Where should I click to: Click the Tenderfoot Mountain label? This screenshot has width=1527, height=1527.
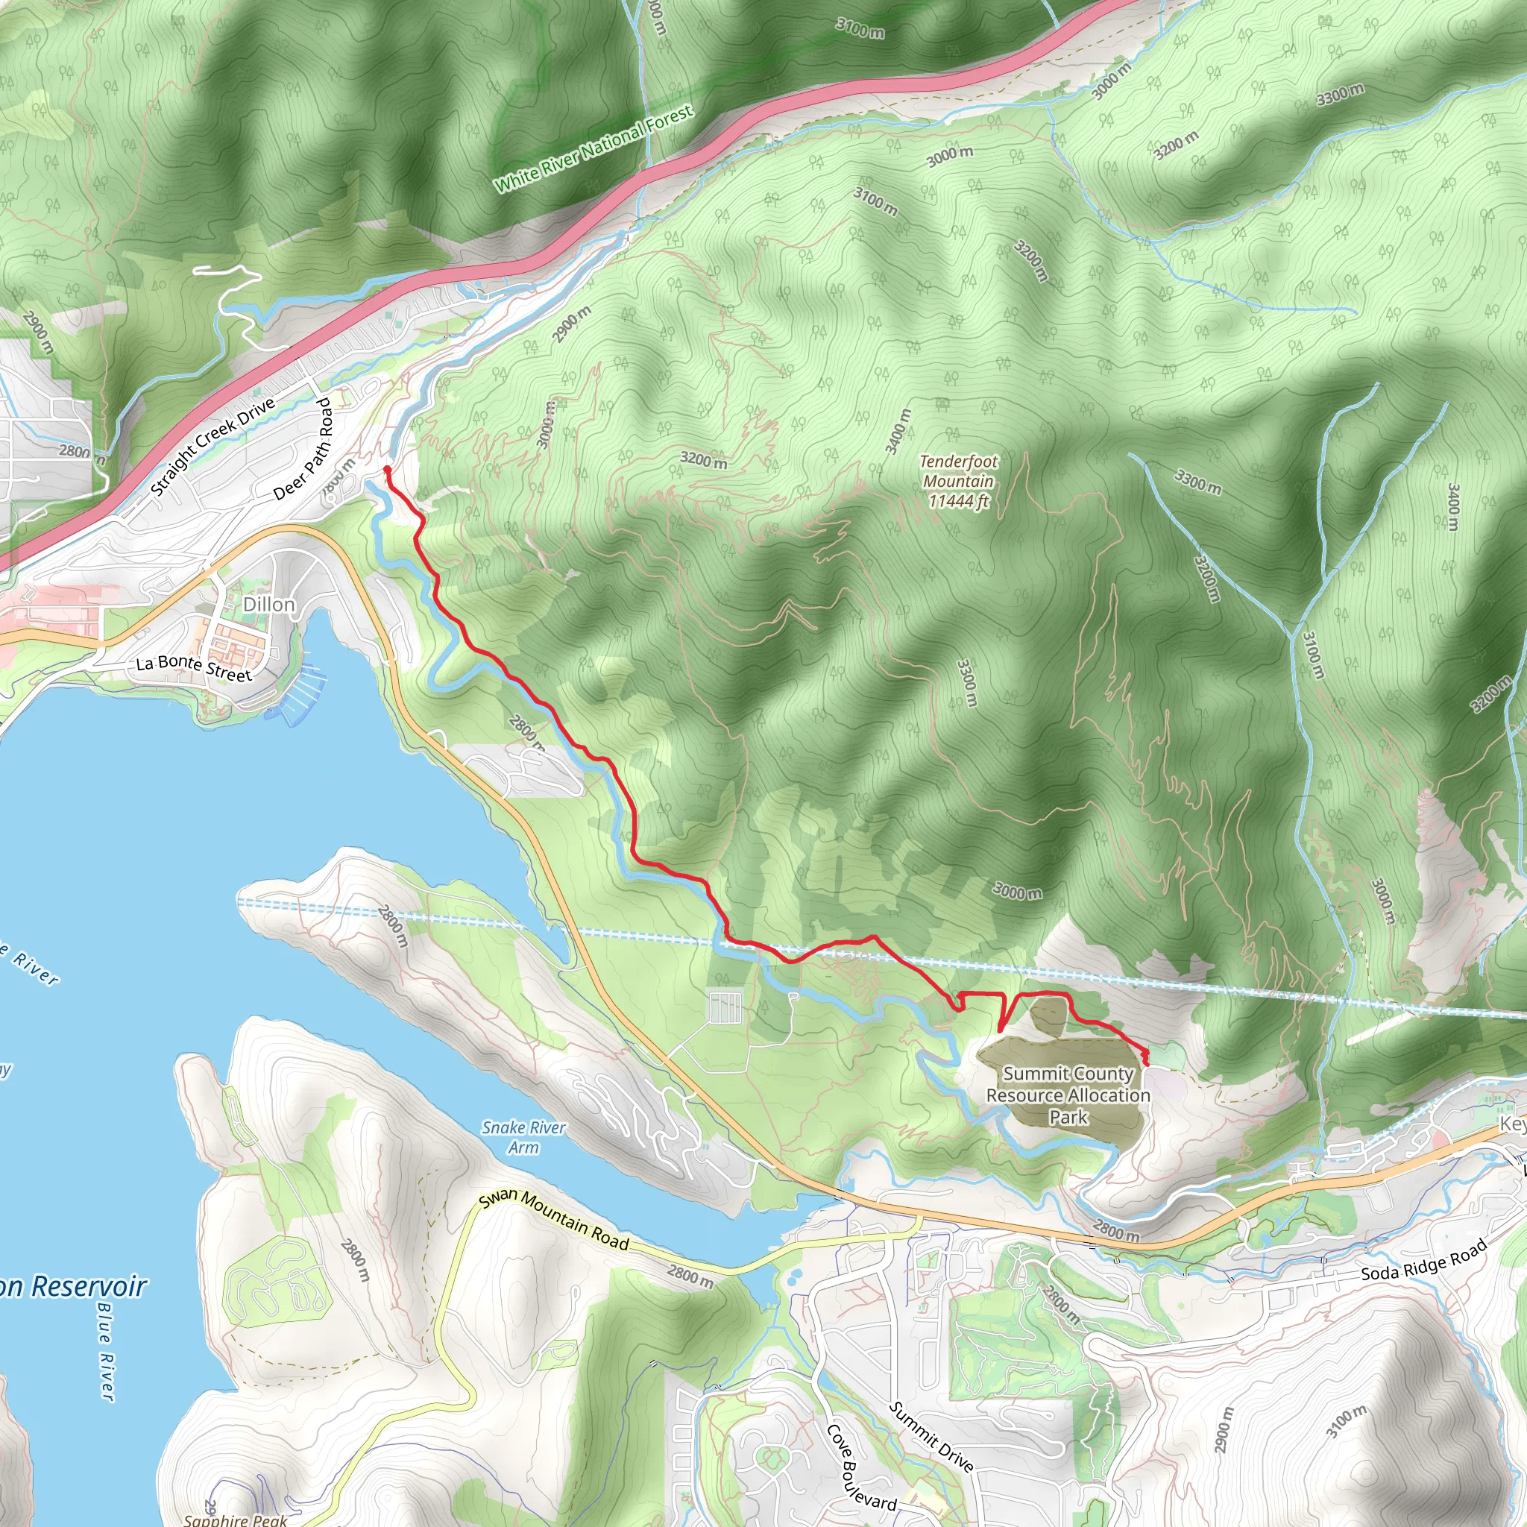958,471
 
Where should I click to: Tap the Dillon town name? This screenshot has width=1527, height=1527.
268,605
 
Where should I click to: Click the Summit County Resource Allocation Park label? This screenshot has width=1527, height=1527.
1068,1095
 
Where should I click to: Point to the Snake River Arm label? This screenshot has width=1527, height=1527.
523,1137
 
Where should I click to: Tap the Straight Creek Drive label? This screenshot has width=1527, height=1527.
212,447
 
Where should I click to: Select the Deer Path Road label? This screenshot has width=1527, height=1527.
303,449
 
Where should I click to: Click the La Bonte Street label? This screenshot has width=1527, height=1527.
194,669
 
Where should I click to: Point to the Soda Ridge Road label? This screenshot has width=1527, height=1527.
1423,1261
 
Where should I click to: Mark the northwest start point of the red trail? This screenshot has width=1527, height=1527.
387,470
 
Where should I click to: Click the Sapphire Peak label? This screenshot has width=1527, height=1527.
235,1519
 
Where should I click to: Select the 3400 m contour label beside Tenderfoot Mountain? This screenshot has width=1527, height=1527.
898,432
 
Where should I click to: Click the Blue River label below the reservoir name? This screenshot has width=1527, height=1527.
106,1352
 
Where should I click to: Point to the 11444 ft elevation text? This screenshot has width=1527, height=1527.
958,501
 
